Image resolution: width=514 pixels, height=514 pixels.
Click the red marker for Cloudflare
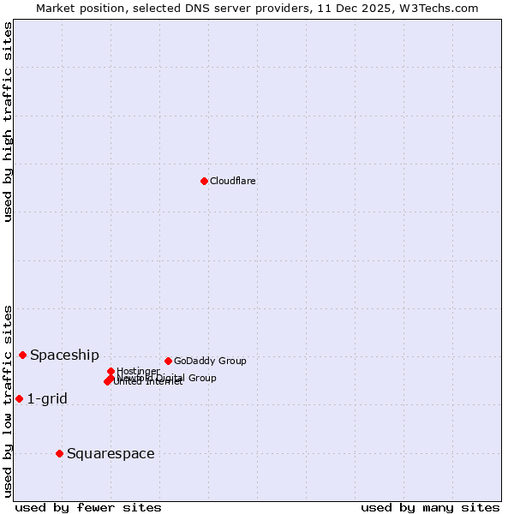pos(204,181)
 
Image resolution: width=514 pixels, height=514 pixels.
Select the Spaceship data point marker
pos(22,355)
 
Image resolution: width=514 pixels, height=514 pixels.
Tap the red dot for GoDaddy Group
pos(168,361)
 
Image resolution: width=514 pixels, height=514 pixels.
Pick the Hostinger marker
pos(111,371)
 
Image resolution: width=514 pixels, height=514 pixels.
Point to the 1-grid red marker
pos(19,398)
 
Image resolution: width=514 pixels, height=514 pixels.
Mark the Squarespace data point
pos(59,453)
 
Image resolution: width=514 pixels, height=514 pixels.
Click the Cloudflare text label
pos(233,181)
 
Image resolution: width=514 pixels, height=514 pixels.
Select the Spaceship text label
pos(64,356)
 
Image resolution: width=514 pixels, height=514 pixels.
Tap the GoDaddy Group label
pos(210,361)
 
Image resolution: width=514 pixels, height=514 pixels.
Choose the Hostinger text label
pos(138,371)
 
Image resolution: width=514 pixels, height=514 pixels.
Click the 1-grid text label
pos(47,398)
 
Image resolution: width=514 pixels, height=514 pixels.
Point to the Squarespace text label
pos(111,453)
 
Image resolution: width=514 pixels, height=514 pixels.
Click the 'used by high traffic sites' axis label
pos(9,122)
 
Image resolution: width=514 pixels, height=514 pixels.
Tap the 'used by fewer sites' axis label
pos(88,507)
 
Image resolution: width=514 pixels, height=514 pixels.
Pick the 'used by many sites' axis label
pos(430,507)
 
